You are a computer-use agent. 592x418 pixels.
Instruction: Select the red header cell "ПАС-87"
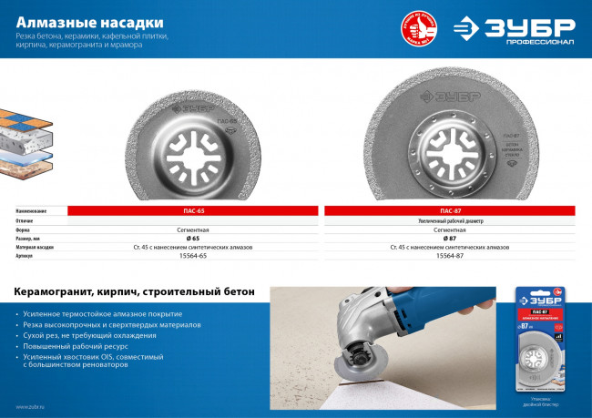450,211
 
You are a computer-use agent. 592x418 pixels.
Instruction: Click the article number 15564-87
450,257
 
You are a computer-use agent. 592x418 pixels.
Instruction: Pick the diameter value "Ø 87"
450,239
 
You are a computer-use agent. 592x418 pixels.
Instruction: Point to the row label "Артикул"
25,257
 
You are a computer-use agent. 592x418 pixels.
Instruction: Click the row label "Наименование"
31,211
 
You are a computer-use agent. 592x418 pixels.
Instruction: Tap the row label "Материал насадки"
35,248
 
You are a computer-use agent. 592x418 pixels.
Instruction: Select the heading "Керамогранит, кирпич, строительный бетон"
141,292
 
